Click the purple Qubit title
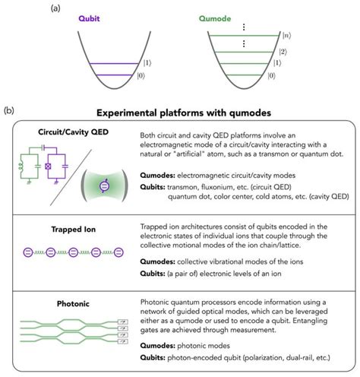pos(89,18)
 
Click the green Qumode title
pos(215,18)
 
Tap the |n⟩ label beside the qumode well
pos(286,36)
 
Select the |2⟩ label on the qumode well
pos(283,52)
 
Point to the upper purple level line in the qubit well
pos(114,63)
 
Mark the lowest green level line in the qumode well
pos(243,75)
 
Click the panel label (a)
pos(55,8)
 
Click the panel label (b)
pos(9,111)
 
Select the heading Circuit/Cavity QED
pos(73,132)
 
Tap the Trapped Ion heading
pos(74,230)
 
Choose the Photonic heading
pos(73,303)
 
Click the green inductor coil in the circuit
pos(21,166)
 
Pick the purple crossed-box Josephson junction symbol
pos(48,166)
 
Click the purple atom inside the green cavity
pos(104,186)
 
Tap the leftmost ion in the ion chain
pos(28,252)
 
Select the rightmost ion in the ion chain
pos(118,252)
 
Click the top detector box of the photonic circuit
pos(123,322)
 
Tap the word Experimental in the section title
pos(127,113)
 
